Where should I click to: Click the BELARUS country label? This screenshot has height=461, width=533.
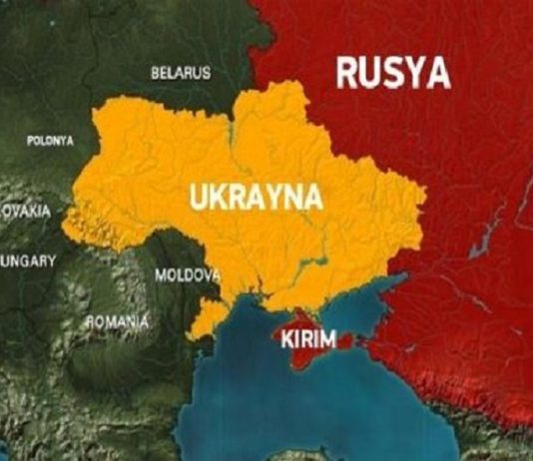point(181,74)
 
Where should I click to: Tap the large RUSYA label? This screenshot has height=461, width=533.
point(392,72)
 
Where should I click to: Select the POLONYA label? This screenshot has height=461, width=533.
point(50,141)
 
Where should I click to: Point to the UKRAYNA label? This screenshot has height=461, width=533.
point(256,197)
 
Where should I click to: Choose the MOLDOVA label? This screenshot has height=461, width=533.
point(187,273)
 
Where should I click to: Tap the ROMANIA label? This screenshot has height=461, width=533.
point(117,322)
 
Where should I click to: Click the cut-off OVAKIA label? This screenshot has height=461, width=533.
point(25,212)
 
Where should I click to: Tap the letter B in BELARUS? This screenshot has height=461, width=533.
point(156,74)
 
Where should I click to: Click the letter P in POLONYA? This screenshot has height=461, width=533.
point(30,141)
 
